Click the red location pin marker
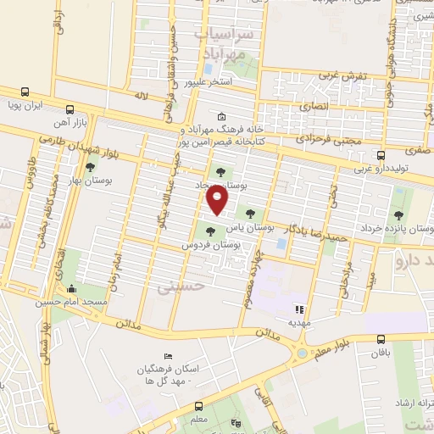tap(218, 201)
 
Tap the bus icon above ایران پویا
tap(25, 92)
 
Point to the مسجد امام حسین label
tap(72, 302)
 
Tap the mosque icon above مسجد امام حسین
tap(71, 288)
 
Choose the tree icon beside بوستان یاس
tap(248, 214)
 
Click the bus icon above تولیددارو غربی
tap(381, 155)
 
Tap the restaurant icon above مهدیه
tap(298, 309)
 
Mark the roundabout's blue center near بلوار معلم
tap(302, 353)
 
